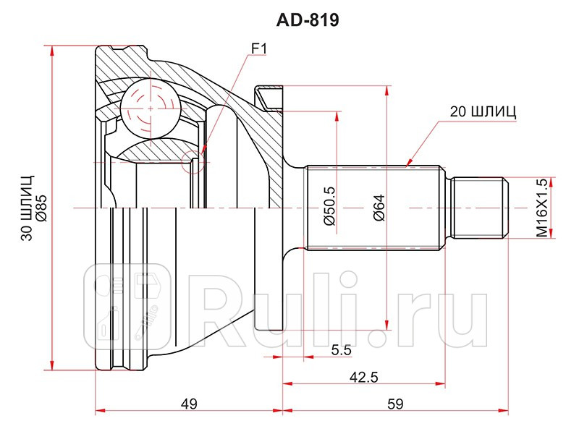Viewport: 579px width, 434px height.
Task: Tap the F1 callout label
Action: click(x=259, y=49)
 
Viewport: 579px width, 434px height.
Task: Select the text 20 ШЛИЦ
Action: click(x=483, y=111)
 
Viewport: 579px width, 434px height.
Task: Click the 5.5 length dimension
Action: click(x=341, y=350)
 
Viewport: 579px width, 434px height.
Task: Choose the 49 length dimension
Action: click(x=189, y=404)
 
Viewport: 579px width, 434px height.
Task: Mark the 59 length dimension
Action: click(x=394, y=404)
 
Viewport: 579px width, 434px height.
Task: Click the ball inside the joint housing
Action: click(x=151, y=109)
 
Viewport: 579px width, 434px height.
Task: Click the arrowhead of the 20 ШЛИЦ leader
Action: click(x=409, y=163)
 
